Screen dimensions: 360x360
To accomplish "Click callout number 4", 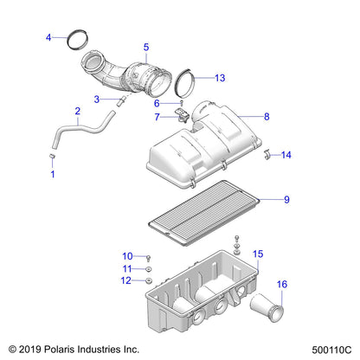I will tap(49, 36).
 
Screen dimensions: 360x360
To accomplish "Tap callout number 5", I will tap(145, 47).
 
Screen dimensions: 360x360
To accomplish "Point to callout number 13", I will tap(220, 78).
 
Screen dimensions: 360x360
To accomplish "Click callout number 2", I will tap(78, 111).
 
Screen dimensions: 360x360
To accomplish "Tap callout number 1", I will tap(51, 175).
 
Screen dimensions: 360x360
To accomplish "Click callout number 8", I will tap(267, 116).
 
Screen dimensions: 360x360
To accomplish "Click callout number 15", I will tap(256, 254).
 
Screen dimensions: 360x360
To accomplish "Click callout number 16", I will tap(281, 285).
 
